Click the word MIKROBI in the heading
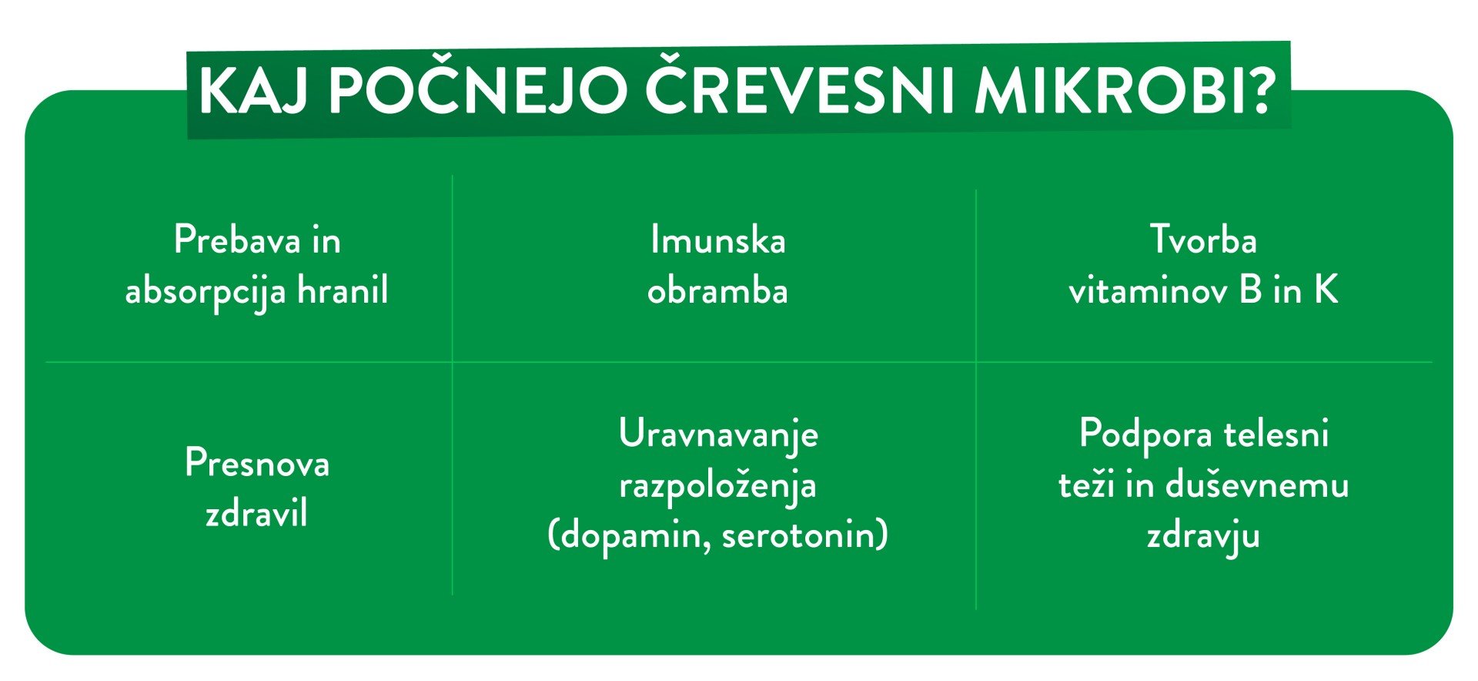[1108, 92]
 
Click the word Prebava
[237, 240]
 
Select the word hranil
[343, 290]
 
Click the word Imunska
[718, 240]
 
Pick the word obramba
[717, 290]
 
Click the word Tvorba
[1203, 240]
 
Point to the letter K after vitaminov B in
[1326, 290]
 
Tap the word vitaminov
[1148, 290]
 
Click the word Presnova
[257, 463]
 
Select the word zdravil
[256, 513]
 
